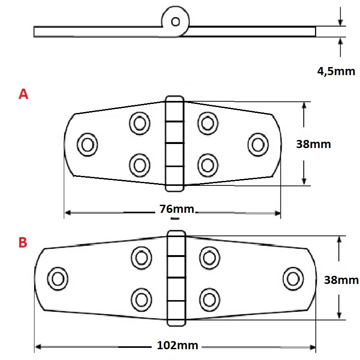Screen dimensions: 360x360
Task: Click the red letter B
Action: coord(23,243)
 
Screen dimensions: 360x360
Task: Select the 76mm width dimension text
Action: coord(176,209)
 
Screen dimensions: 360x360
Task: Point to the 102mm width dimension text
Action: coord(178,346)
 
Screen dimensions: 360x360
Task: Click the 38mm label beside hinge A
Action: coord(313,144)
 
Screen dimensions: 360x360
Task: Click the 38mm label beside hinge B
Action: coord(341,280)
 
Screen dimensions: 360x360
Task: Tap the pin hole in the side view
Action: coord(176,21)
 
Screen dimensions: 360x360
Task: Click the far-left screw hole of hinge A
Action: coord(87,144)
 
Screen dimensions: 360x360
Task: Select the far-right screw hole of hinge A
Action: coord(257,144)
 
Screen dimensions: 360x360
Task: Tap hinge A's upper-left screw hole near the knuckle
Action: coord(139,122)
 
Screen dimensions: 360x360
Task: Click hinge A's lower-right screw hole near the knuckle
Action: coord(207,164)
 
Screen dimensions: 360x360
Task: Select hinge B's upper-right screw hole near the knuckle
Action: coord(208,257)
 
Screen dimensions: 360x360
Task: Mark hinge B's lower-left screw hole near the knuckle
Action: coord(141,299)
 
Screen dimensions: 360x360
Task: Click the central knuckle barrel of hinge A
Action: coord(175,143)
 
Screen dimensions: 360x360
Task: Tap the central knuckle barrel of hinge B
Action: coord(176,278)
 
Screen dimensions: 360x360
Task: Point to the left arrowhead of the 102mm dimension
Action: coord(39,347)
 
